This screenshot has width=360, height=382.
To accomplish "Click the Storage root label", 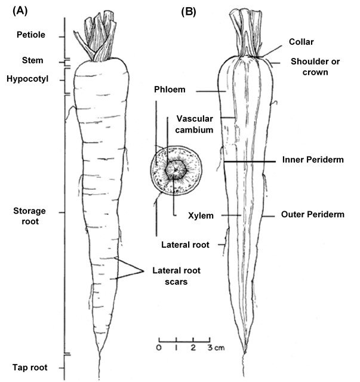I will [x=28, y=216].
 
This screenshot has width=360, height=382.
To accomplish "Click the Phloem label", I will [x=168, y=90].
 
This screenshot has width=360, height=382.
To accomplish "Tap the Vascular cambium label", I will [x=195, y=124].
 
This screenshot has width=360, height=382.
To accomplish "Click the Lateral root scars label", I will [x=175, y=275].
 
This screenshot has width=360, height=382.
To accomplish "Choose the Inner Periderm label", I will [x=312, y=160].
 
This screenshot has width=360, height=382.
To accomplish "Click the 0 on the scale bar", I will [x=159, y=347].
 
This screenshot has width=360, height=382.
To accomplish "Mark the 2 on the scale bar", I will [x=193, y=347].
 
